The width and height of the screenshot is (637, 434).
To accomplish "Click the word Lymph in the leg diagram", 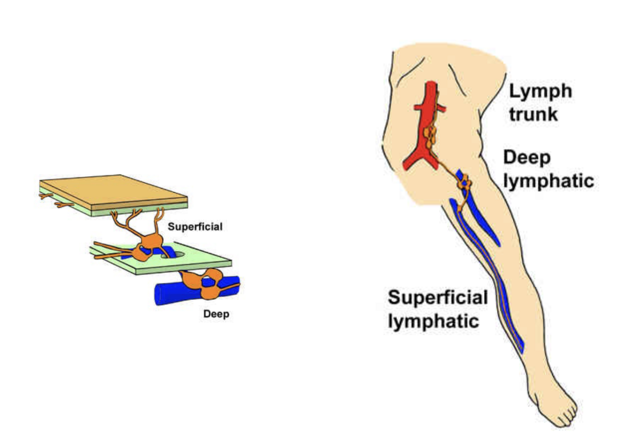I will pyautogui.click(x=540, y=90).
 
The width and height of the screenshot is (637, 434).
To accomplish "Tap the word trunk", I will pyautogui.click(x=533, y=114).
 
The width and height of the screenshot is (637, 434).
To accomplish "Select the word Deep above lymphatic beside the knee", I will pyautogui.click(x=527, y=158).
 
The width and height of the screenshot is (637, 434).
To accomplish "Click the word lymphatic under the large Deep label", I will pyautogui.click(x=548, y=181).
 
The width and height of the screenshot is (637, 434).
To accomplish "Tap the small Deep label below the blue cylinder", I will pyautogui.click(x=216, y=314).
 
